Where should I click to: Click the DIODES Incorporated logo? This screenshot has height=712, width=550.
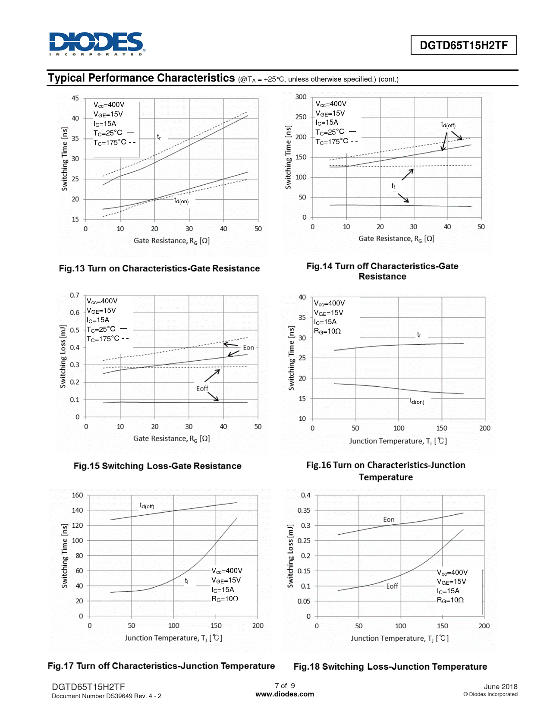(97, 43)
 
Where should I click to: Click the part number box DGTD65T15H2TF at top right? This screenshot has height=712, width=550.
(463, 45)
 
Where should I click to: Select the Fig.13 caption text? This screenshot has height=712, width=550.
(159, 268)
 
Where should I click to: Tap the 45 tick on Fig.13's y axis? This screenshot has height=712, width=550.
(75, 98)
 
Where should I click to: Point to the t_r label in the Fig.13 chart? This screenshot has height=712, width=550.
(159, 137)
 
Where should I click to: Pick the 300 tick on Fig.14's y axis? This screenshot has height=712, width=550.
(301, 97)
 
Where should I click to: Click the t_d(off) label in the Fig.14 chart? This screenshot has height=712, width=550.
(448, 125)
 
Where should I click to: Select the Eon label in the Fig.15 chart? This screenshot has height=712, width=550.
(248, 347)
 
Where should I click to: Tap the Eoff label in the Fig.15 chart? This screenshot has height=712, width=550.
(202, 388)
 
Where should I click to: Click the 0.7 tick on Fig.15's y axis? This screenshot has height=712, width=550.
(75, 295)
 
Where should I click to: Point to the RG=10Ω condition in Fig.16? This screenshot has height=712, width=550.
(327, 331)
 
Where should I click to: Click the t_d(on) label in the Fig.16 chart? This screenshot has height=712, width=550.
(417, 401)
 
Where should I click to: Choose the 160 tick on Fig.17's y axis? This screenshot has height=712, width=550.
(77, 495)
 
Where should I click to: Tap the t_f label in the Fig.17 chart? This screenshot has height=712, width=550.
(187, 581)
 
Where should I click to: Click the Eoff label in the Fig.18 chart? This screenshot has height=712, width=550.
(392, 586)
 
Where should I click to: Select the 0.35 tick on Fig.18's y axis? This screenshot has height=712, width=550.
(304, 510)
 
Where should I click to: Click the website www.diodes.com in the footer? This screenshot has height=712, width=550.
(285, 694)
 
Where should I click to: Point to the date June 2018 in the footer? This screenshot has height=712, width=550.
(500, 687)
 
